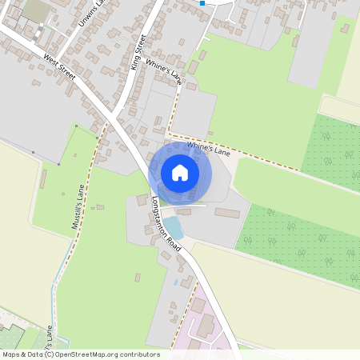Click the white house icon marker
tap(180, 173)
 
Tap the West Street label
tap(60, 67)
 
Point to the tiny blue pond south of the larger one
tap(175, 282)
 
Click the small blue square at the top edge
tap(202, 3)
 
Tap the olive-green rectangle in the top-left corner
tap(37, 10)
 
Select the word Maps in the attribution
tap(11, 354)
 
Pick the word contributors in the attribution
tap(142, 354)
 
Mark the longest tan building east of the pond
tap(226, 213)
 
